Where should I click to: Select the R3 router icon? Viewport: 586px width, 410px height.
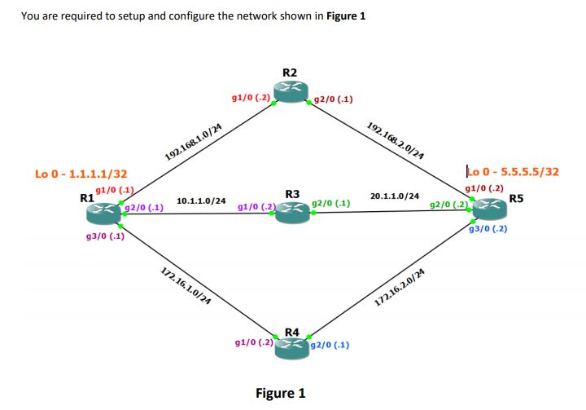click(292, 213)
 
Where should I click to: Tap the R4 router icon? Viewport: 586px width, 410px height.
click(292, 347)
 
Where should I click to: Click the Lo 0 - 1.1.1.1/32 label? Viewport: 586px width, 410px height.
click(81, 174)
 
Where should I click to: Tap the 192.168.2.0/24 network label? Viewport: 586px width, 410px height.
click(399, 140)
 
